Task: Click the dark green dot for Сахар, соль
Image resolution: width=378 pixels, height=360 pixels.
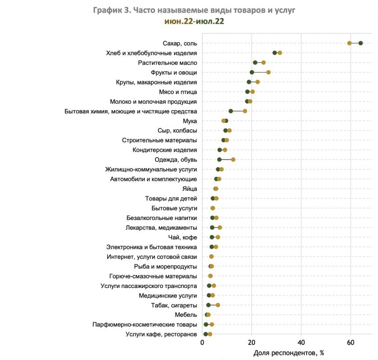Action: (x=360, y=43)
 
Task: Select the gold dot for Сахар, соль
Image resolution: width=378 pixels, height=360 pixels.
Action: (x=350, y=43)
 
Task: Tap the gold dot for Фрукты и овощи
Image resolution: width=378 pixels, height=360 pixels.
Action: (x=269, y=72)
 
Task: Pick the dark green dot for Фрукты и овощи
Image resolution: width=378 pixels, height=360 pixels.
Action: (x=252, y=72)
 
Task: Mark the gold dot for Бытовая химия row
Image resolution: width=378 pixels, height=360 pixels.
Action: (x=245, y=111)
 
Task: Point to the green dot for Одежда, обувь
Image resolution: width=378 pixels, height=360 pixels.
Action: (x=219, y=160)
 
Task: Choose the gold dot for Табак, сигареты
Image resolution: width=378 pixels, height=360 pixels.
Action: (x=218, y=305)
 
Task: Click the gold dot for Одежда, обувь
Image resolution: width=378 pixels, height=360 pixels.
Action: (x=233, y=160)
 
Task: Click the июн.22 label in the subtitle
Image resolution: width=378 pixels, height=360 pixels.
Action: (x=178, y=21)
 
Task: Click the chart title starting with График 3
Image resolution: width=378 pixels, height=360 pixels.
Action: (x=194, y=10)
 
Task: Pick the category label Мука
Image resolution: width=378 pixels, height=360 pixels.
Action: (x=190, y=121)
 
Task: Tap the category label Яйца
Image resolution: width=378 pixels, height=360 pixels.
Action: (x=189, y=189)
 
